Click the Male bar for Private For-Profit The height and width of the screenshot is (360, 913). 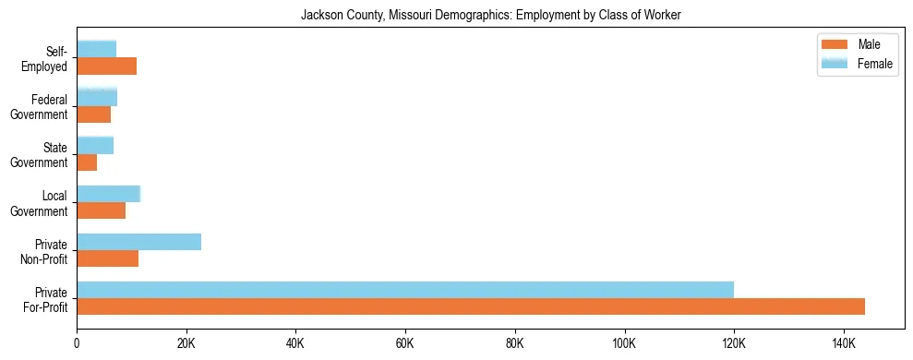pyautogui.click(x=471, y=306)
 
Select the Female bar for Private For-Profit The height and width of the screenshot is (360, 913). pyautogui.click(x=405, y=290)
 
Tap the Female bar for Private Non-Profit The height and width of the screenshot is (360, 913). pyautogui.click(x=138, y=242)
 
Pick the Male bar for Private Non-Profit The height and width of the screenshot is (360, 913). pyautogui.click(x=107, y=258)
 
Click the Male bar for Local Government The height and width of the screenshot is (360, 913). pyautogui.click(x=101, y=210)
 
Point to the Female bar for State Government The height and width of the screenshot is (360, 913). pyautogui.click(x=95, y=145)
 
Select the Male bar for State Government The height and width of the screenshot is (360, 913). pyautogui.click(x=87, y=162)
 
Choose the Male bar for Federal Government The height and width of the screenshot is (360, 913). pyautogui.click(x=93, y=114)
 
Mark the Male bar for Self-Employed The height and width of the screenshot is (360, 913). pyautogui.click(x=106, y=66)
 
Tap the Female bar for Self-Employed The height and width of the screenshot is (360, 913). pyautogui.click(x=96, y=49)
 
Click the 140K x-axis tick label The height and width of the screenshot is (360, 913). pyautogui.click(x=844, y=343)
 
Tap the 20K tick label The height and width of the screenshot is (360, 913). pyautogui.click(x=186, y=343)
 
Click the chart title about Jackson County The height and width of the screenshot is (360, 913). pyautogui.click(x=490, y=16)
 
